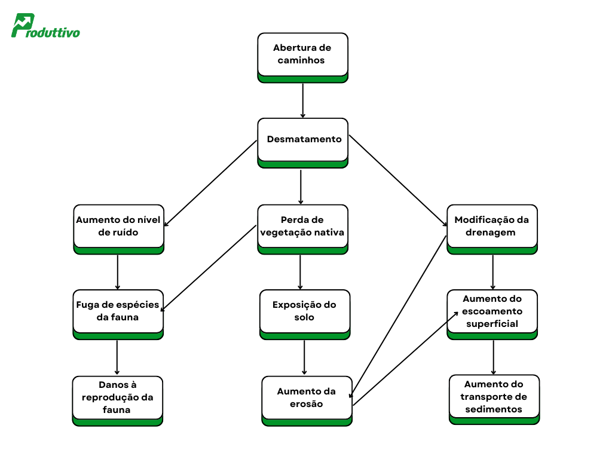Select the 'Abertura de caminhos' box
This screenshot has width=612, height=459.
point(302,55)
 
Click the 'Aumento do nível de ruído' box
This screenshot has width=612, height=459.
point(118,227)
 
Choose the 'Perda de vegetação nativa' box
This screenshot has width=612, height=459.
point(302,227)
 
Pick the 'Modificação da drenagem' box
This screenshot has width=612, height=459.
point(492,227)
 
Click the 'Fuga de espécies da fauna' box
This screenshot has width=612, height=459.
point(118,311)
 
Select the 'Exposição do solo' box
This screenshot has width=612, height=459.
point(304,311)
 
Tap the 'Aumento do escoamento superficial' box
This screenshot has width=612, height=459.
point(492,311)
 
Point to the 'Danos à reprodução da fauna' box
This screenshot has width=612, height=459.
point(117,397)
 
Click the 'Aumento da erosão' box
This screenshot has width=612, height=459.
point(307,398)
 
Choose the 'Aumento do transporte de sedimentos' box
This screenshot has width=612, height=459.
point(494,397)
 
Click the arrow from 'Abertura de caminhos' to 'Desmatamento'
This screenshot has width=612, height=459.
point(303,100)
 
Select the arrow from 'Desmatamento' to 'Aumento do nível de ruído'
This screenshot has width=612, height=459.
point(210,183)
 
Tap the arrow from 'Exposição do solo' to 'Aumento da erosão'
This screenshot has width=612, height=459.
point(305,357)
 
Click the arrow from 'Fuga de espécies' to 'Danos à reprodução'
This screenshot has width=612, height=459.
point(117,357)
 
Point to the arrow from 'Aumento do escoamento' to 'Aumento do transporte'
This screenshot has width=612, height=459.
point(493,357)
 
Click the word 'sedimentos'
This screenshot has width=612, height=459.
point(494,409)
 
